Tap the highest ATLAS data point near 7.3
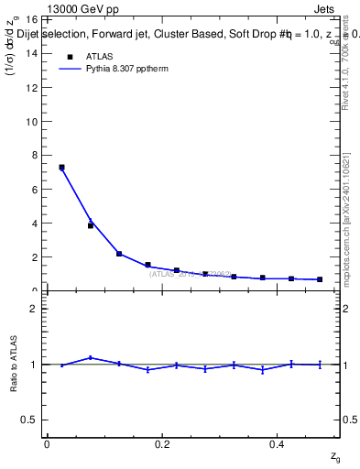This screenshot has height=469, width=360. (x=61, y=168)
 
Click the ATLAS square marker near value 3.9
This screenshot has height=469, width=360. (x=91, y=225)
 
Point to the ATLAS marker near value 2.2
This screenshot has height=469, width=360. (x=119, y=254)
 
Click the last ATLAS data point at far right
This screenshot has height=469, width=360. (x=320, y=279)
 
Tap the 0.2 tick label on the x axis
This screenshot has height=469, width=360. (x=162, y=444)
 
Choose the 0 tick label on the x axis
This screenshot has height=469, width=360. (x=47, y=444)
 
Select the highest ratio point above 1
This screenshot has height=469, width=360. (x=91, y=357)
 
